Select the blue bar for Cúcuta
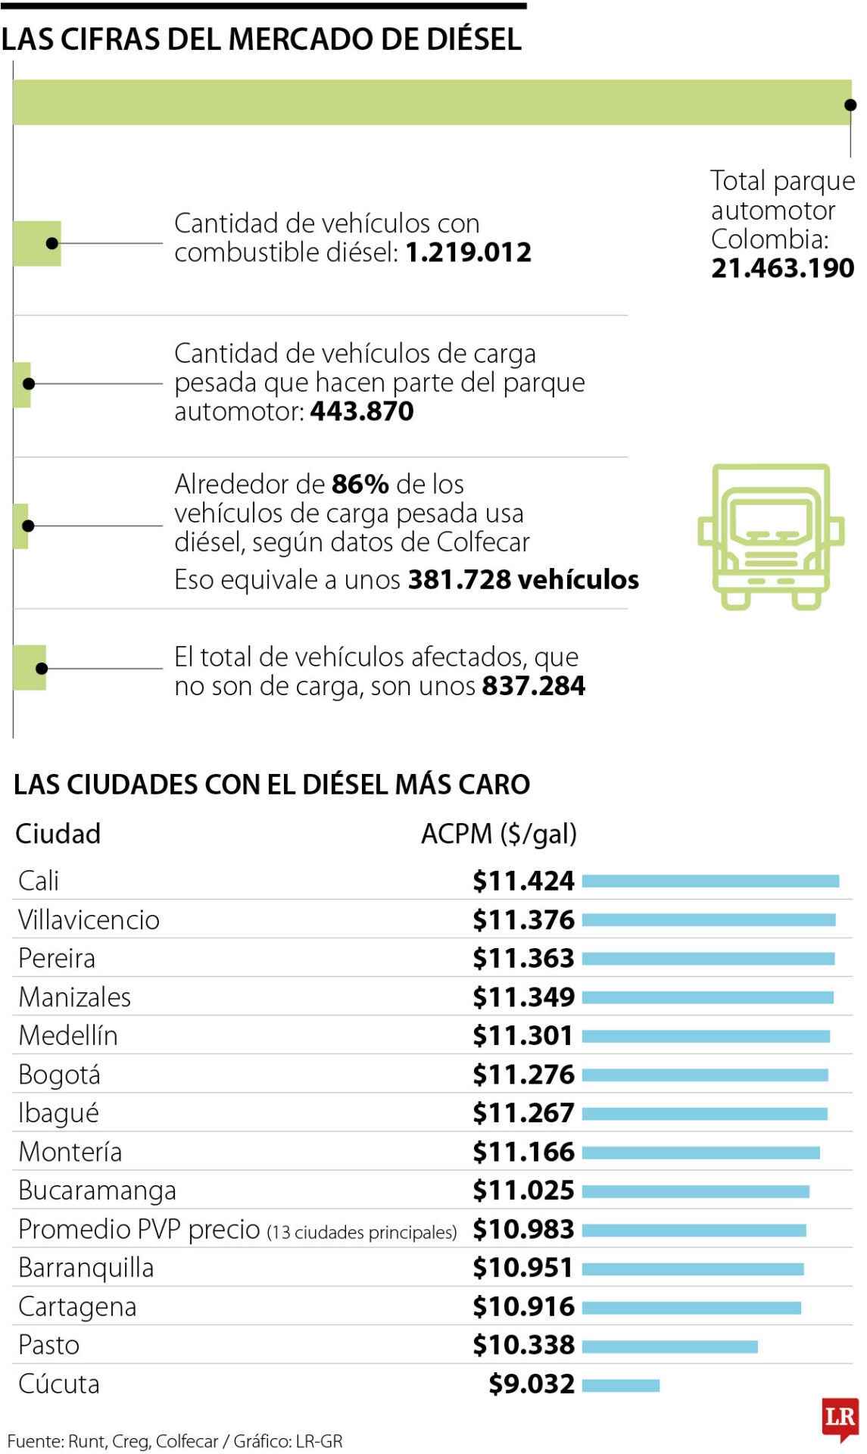[x=621, y=1385]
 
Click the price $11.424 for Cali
[x=523, y=881]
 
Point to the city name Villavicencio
[x=89, y=920]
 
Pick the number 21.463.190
[x=782, y=268]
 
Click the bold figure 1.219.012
[x=468, y=252]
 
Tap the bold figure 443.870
[x=362, y=411]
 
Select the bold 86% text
[x=360, y=484]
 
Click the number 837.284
[x=533, y=686]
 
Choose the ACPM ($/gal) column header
[x=499, y=834]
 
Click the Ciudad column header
[x=58, y=834]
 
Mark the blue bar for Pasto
[x=669, y=1346]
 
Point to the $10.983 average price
[x=523, y=1229]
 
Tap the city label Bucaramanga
[x=97, y=1190]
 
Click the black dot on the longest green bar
[x=850, y=105]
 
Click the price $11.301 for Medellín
[x=522, y=1036]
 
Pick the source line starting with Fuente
[x=174, y=1441]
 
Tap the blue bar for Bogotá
[x=704, y=1075]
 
